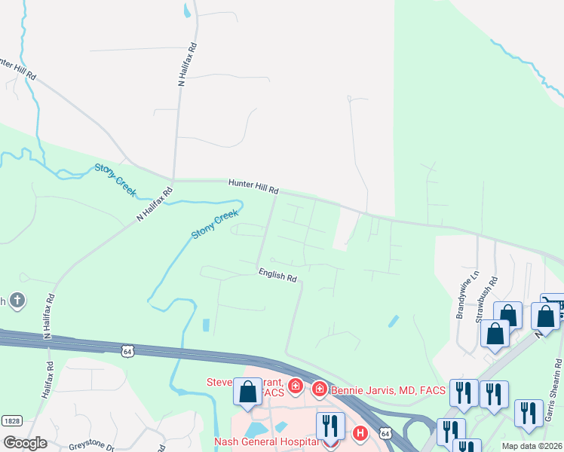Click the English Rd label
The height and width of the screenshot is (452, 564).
tap(277, 276)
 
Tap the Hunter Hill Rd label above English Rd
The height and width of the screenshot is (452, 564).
tap(254, 185)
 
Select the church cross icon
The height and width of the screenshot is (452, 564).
tap(17, 302)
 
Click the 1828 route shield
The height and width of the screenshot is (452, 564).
tap(11, 420)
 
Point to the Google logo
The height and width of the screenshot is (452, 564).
tap(25, 442)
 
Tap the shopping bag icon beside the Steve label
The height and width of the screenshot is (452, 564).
tap(247, 392)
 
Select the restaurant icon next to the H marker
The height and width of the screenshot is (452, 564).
tap(330, 426)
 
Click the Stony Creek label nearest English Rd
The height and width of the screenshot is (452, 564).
tap(214, 225)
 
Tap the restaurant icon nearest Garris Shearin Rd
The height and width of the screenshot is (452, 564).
tap(529, 414)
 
